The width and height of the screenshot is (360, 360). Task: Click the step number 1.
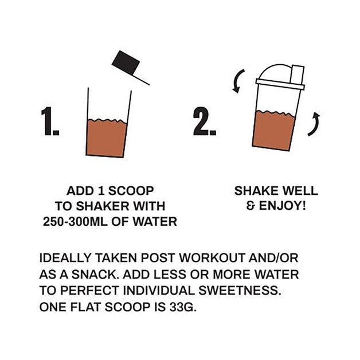(x=50, y=121)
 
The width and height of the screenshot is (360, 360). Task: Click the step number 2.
(x=204, y=121)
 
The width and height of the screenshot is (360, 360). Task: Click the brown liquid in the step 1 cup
(x=106, y=138)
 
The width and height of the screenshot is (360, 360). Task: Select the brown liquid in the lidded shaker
(x=273, y=131)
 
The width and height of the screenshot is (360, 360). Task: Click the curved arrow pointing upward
(x=314, y=124)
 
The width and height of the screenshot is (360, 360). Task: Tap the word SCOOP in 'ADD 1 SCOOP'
(x=131, y=191)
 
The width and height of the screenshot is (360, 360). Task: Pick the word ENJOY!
(x=283, y=205)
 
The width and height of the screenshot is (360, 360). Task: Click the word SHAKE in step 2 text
(x=256, y=190)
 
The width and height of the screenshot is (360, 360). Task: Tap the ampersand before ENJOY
(x=251, y=205)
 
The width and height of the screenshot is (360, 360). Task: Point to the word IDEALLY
(x=65, y=257)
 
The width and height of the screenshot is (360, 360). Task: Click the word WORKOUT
(x=212, y=257)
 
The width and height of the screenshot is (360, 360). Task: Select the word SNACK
(x=94, y=275)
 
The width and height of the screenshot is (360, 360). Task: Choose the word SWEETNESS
(x=240, y=291)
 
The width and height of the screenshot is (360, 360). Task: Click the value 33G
(x=183, y=307)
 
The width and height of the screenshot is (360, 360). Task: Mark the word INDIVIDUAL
(x=159, y=291)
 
